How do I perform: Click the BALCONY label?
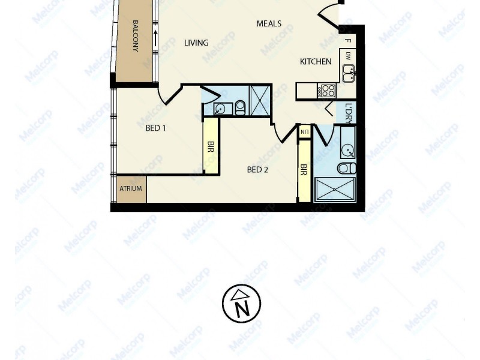136,37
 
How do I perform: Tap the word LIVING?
196,43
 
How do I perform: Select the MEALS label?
269,24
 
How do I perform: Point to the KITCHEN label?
316,61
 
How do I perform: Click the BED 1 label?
155,127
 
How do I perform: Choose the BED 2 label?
257,169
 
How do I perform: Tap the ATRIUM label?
130,188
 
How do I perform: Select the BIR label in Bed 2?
304,170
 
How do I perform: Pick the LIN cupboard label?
305,131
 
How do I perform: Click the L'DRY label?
350,111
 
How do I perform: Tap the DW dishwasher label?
349,56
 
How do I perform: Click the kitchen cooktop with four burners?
328,91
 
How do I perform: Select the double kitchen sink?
349,73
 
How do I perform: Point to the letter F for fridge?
349,41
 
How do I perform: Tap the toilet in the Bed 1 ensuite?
240,107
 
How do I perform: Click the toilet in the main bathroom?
346,167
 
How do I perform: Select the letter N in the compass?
242,310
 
